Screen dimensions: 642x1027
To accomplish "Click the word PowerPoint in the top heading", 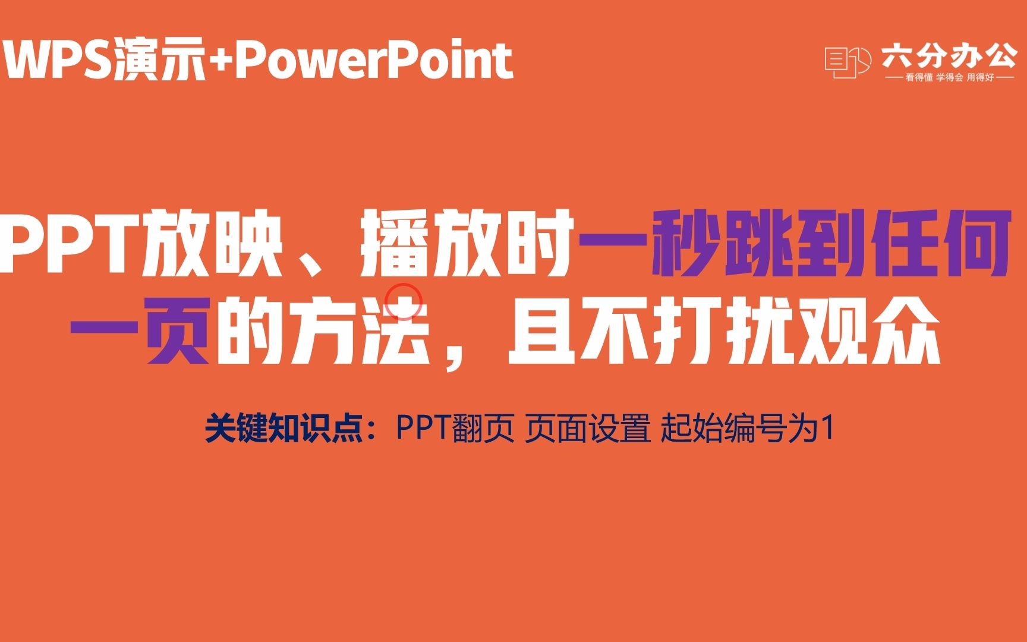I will [374, 61].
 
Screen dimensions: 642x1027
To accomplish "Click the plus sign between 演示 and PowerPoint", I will [220, 60].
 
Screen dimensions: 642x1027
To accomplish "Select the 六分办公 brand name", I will [949, 57].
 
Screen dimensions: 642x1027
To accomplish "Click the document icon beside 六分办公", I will [847, 62].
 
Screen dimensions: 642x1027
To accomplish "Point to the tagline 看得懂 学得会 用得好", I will [949, 78].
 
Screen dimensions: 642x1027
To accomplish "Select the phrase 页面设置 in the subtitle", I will [588, 428].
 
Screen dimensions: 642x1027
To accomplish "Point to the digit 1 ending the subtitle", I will [827, 428].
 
